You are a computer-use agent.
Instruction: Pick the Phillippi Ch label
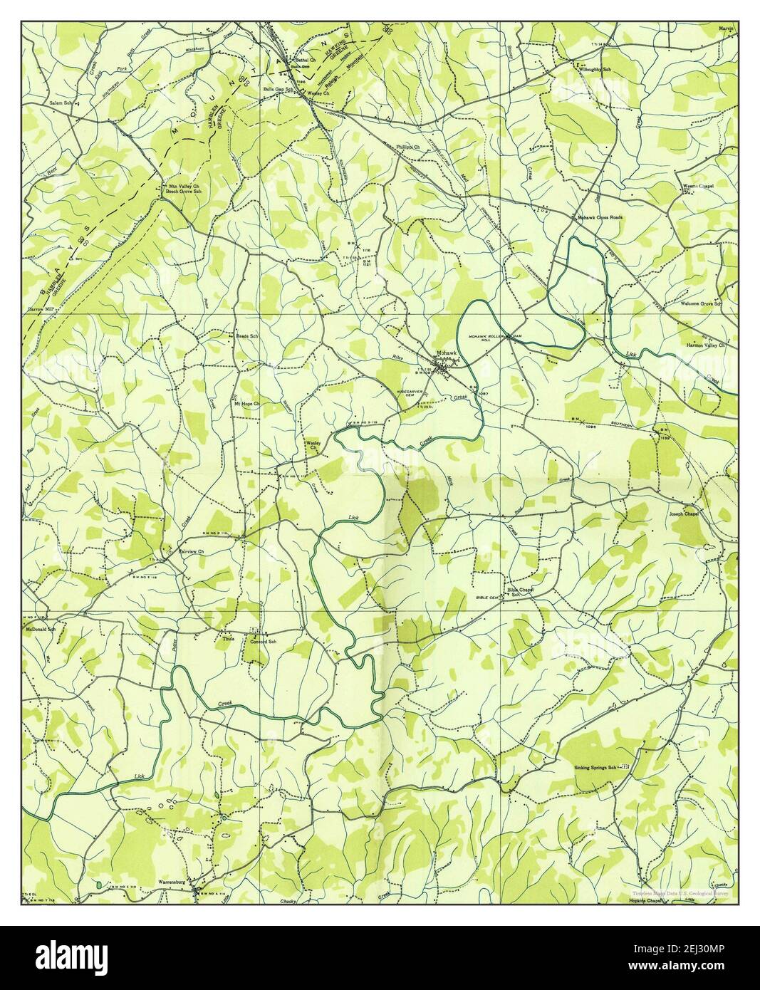coord(409,147)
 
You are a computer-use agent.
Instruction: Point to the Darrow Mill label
coord(41,310)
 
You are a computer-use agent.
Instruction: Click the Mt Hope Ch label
coord(247,404)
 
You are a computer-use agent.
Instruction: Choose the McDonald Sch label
coord(41,630)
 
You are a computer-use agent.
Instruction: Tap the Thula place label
coord(228,639)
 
